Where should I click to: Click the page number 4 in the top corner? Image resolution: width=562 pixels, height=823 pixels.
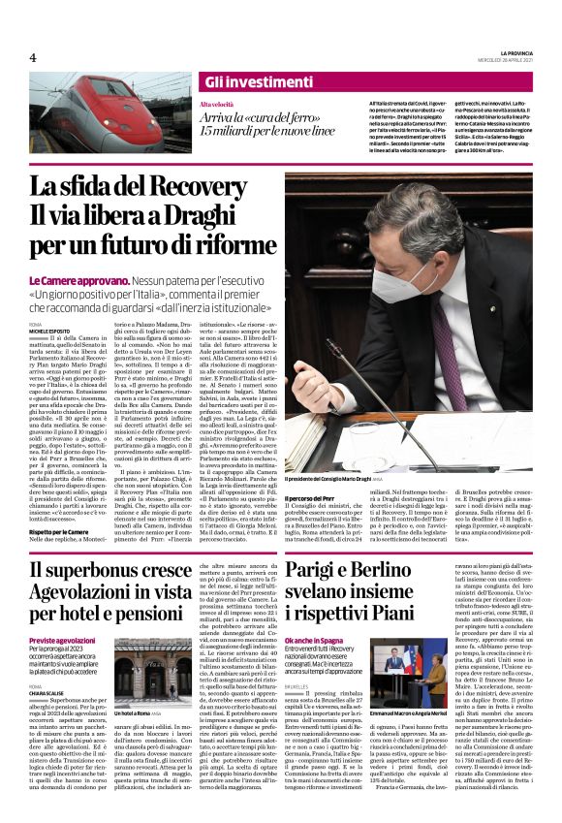(x=33, y=57)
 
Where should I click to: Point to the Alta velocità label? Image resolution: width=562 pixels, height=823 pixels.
(x=215, y=104)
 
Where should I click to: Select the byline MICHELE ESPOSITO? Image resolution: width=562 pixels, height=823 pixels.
(x=50, y=330)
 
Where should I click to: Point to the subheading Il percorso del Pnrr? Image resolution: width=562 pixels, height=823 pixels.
(x=311, y=497)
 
